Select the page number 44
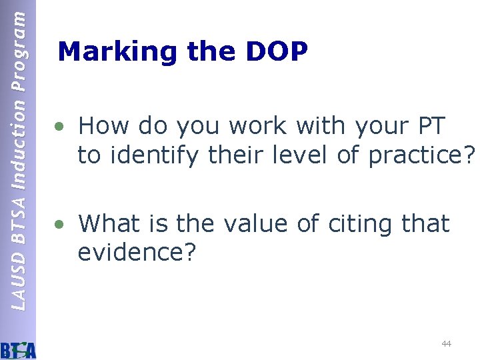(446, 343)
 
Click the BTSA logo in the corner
(19, 349)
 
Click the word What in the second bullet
(110, 223)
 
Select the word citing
(358, 225)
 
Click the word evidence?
(136, 253)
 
